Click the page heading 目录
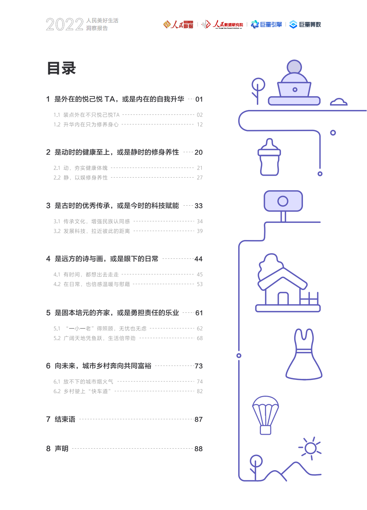click(61, 68)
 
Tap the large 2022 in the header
click(65, 25)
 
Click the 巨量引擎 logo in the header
click(266, 24)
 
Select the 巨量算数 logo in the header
click(305, 24)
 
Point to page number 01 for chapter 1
click(199, 99)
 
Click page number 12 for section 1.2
click(200, 125)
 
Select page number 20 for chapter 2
click(199, 152)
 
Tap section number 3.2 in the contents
click(57, 231)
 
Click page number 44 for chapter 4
click(198, 259)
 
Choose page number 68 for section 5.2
click(200, 338)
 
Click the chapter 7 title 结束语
click(65, 419)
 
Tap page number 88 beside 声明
click(198, 449)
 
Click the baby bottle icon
click(269, 157)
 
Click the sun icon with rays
click(311, 448)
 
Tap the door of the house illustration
click(283, 298)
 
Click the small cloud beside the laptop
click(338, 102)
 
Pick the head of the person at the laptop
click(294, 67)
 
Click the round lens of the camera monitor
click(283, 201)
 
